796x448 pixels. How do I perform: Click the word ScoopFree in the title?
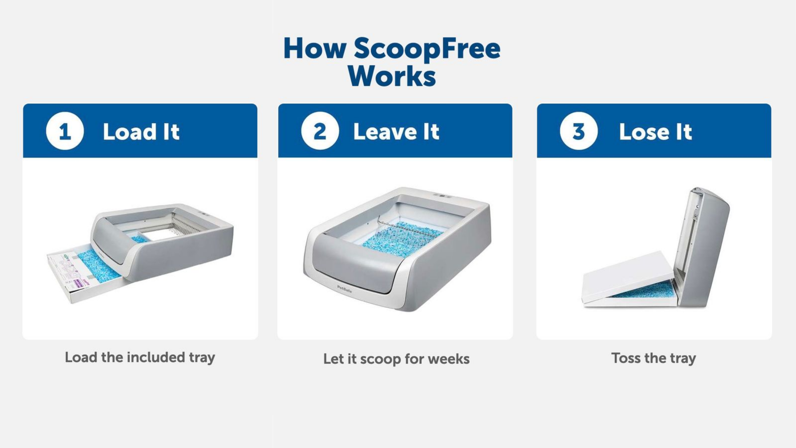(427, 49)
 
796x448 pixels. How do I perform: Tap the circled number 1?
(65, 131)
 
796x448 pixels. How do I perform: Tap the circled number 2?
(320, 131)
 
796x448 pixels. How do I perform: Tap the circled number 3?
(578, 131)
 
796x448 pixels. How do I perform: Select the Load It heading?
(141, 132)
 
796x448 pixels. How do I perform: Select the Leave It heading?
(396, 132)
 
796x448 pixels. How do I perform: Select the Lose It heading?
(655, 132)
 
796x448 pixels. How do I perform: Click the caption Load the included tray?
(140, 357)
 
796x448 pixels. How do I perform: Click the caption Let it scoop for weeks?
(396, 359)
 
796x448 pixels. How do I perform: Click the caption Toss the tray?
(654, 358)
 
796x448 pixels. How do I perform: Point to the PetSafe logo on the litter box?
(344, 289)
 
